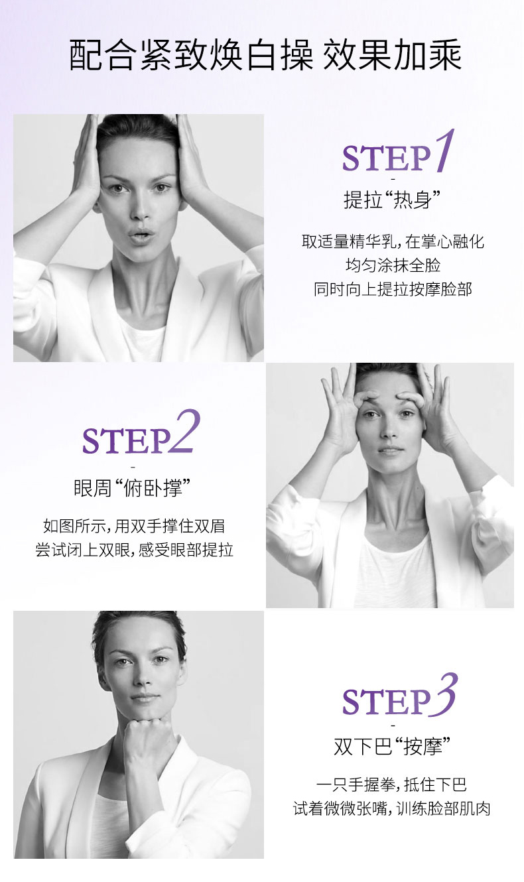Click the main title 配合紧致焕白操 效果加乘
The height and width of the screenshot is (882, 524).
[265, 55]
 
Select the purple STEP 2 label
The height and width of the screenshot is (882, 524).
[141, 432]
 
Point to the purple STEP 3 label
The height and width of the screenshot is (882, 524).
[399, 695]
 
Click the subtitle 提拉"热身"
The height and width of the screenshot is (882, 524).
[392, 200]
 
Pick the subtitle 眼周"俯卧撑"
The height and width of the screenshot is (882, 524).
[133, 488]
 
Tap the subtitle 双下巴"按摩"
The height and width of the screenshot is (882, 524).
[392, 746]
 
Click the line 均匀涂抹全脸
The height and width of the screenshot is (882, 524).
[393, 265]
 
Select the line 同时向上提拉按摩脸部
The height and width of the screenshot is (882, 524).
[393, 289]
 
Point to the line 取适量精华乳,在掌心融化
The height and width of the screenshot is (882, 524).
[393, 242]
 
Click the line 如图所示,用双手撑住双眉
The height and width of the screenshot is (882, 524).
[134, 526]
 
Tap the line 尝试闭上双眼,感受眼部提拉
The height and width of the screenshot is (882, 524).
[134, 550]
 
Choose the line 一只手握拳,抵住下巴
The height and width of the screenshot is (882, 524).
[392, 785]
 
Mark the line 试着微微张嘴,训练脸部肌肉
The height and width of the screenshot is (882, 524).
[392, 809]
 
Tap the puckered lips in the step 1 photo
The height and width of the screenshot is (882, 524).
[141, 236]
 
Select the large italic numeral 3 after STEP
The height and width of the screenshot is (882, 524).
[444, 694]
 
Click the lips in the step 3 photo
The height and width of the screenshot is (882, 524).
[145, 698]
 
